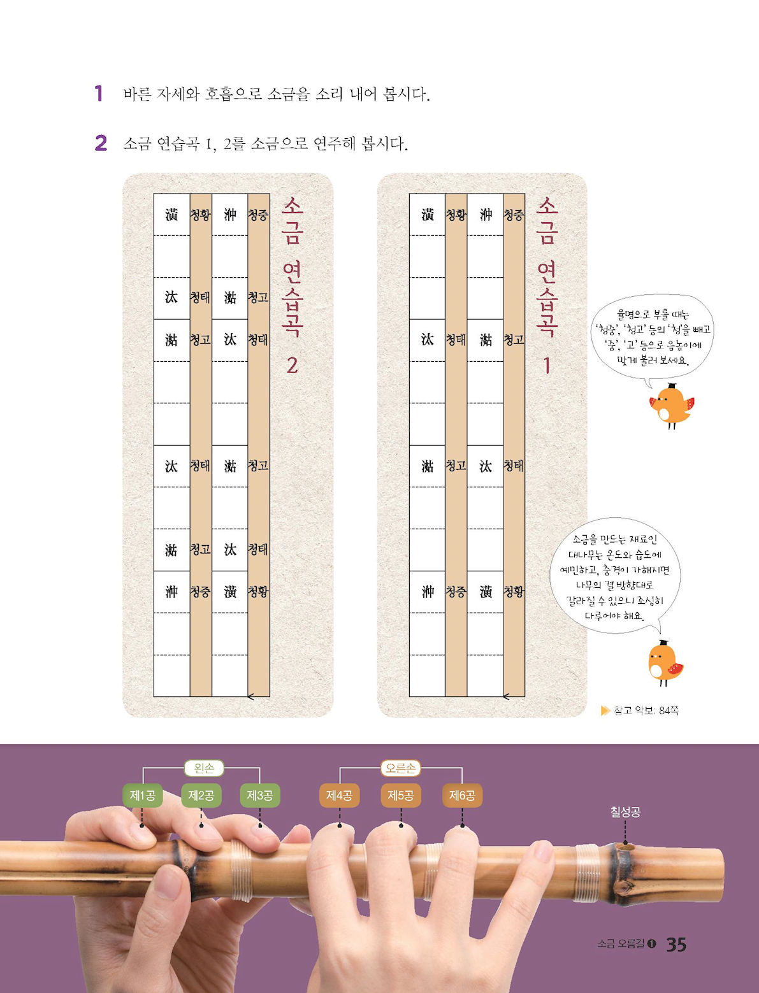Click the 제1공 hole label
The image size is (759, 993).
(x=143, y=796)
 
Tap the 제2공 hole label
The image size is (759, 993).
(x=201, y=796)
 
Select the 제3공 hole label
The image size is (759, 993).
(x=260, y=796)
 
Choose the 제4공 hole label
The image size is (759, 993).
(x=340, y=796)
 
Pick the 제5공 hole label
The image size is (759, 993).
(x=401, y=796)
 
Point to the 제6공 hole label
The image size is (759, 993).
(x=462, y=796)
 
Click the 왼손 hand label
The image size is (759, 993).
(x=204, y=768)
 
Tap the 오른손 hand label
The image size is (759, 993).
(x=401, y=768)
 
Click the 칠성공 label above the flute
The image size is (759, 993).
(x=625, y=812)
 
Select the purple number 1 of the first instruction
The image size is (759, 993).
(x=99, y=94)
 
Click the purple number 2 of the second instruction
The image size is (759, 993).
(x=101, y=143)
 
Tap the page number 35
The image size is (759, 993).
(x=676, y=944)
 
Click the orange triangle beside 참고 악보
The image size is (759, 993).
(x=605, y=710)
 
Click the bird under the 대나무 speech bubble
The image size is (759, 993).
(x=665, y=663)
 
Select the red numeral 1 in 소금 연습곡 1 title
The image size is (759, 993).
(x=547, y=366)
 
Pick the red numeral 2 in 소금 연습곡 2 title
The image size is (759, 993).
(x=292, y=366)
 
